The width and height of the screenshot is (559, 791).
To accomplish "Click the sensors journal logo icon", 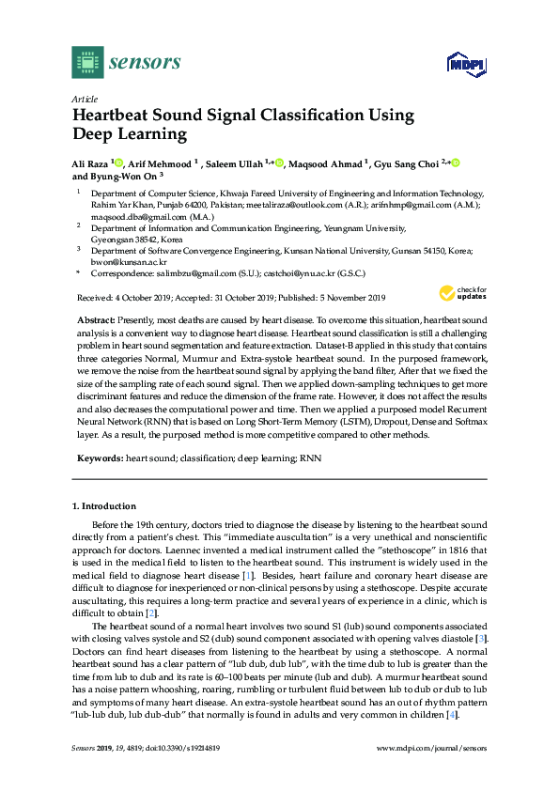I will (86, 63).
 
